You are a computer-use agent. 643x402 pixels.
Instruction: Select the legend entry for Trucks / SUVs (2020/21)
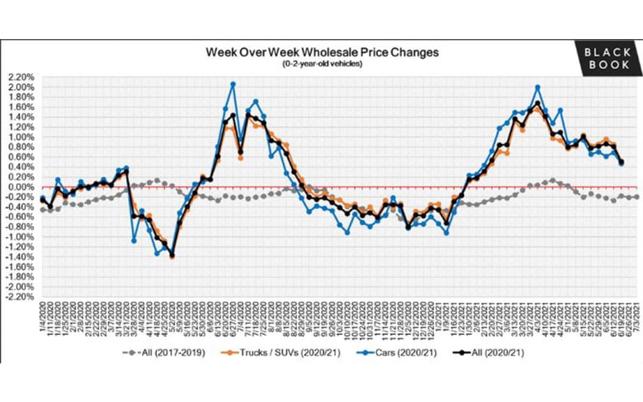tap(296, 352)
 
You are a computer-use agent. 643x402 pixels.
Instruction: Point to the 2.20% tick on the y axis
tap(20, 77)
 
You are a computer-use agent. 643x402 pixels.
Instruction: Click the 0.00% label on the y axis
tap(20, 187)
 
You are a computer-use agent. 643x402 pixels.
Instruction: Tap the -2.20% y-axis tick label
tap(18, 296)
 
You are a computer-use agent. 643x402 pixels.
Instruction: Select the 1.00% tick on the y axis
tap(20, 137)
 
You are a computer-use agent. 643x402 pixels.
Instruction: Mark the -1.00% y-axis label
tap(18, 237)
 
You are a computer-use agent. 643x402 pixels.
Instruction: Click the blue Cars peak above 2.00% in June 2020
tap(233, 84)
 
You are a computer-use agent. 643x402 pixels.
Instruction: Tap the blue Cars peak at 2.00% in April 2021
tap(537, 87)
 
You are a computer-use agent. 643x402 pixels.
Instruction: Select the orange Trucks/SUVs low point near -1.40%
tap(172, 257)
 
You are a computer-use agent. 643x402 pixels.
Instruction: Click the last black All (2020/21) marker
tap(621, 162)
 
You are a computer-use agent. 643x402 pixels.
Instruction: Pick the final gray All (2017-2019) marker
tap(636, 197)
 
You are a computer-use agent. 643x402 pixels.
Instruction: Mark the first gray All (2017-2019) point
tap(43, 210)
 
